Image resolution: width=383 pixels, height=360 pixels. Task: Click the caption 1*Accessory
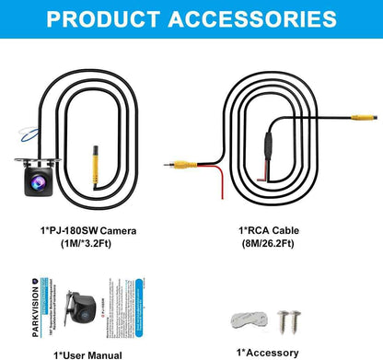tap(267, 353)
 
